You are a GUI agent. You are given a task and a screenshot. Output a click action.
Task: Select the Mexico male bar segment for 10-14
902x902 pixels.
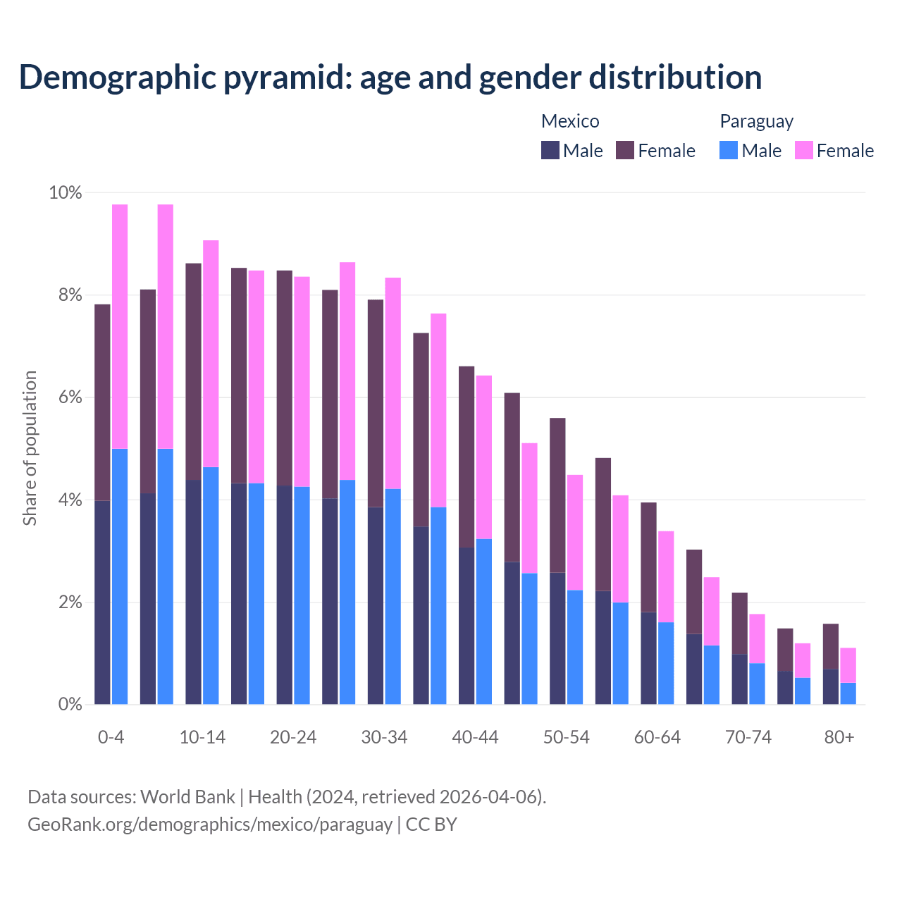193,592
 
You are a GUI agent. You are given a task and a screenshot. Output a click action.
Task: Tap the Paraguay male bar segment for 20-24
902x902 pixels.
302,595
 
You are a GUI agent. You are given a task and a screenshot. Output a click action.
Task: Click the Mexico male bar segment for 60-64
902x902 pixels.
648,658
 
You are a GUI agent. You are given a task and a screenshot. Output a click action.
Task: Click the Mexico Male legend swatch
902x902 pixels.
550,150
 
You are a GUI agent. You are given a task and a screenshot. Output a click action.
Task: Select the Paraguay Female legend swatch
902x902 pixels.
804,150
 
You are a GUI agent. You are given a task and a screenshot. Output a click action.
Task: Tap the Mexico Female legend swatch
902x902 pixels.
625,150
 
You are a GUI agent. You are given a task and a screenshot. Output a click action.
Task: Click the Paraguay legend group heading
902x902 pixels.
756,121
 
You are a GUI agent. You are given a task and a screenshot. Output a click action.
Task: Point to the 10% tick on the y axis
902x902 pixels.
66,192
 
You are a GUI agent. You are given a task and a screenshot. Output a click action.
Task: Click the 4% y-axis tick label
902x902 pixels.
69,500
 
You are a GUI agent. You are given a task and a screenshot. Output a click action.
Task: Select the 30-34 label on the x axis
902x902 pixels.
384,737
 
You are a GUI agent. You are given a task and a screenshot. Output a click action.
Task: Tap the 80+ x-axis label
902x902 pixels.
839,737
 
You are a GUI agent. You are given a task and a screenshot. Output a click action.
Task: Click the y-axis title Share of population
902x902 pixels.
30,448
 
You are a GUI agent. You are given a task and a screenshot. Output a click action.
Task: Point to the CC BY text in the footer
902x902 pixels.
431,824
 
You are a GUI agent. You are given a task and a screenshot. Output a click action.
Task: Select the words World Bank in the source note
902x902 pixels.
187,797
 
